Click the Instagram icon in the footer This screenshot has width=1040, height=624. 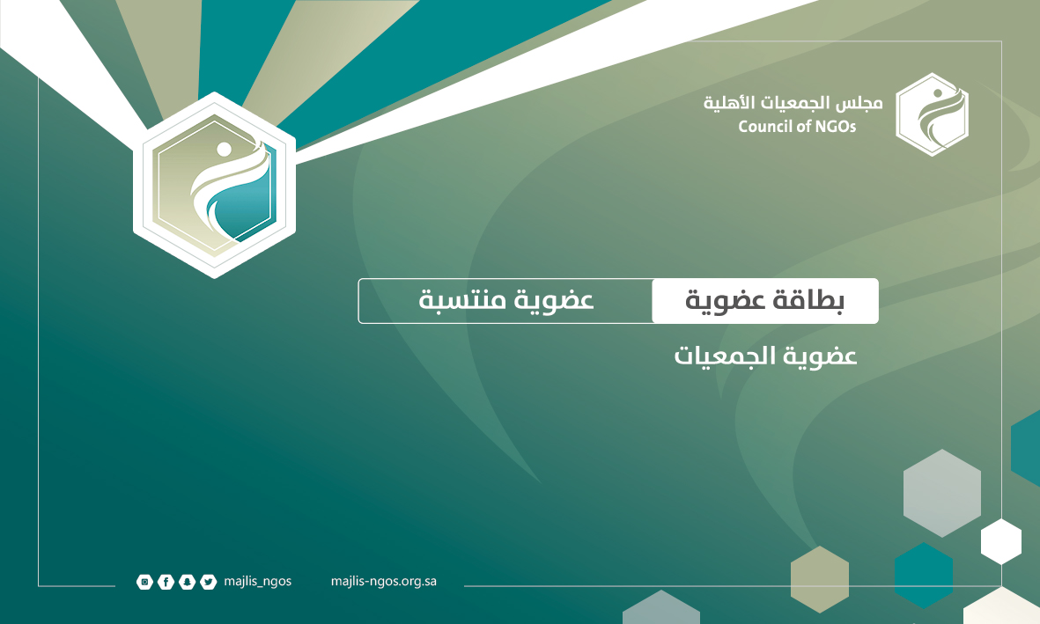click(x=144, y=583)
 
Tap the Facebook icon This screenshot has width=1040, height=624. click(x=166, y=583)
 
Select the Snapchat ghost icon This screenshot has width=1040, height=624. click(x=187, y=583)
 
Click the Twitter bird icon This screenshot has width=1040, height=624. click(x=209, y=583)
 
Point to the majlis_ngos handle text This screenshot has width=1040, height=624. click(x=257, y=582)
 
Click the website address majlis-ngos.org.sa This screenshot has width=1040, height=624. click(x=383, y=582)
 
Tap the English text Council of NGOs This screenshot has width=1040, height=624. click(x=797, y=126)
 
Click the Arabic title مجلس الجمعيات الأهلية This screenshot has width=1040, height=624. click(x=793, y=103)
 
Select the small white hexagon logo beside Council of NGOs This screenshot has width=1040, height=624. click(x=932, y=114)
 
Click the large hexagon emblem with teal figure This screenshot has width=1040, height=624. click(x=214, y=185)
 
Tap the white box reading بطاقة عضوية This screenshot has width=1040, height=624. click(x=765, y=301)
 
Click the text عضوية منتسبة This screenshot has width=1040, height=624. click(x=506, y=300)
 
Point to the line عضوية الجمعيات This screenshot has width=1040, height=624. click(x=766, y=356)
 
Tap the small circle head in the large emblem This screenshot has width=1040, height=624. click(x=225, y=150)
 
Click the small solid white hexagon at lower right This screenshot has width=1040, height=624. click(x=1001, y=542)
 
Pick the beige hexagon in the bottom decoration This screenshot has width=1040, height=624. click(x=820, y=580)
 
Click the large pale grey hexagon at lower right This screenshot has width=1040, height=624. click(x=942, y=494)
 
